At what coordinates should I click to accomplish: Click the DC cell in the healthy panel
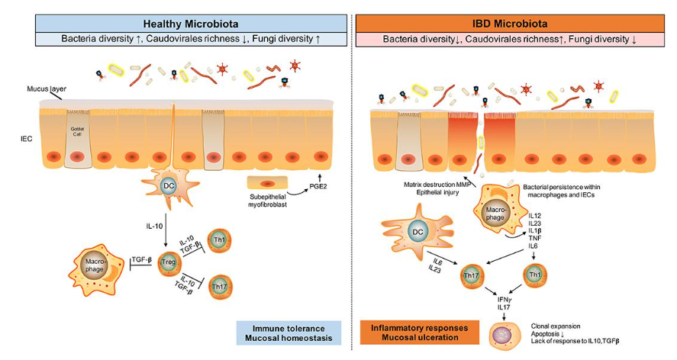point(169,185)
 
